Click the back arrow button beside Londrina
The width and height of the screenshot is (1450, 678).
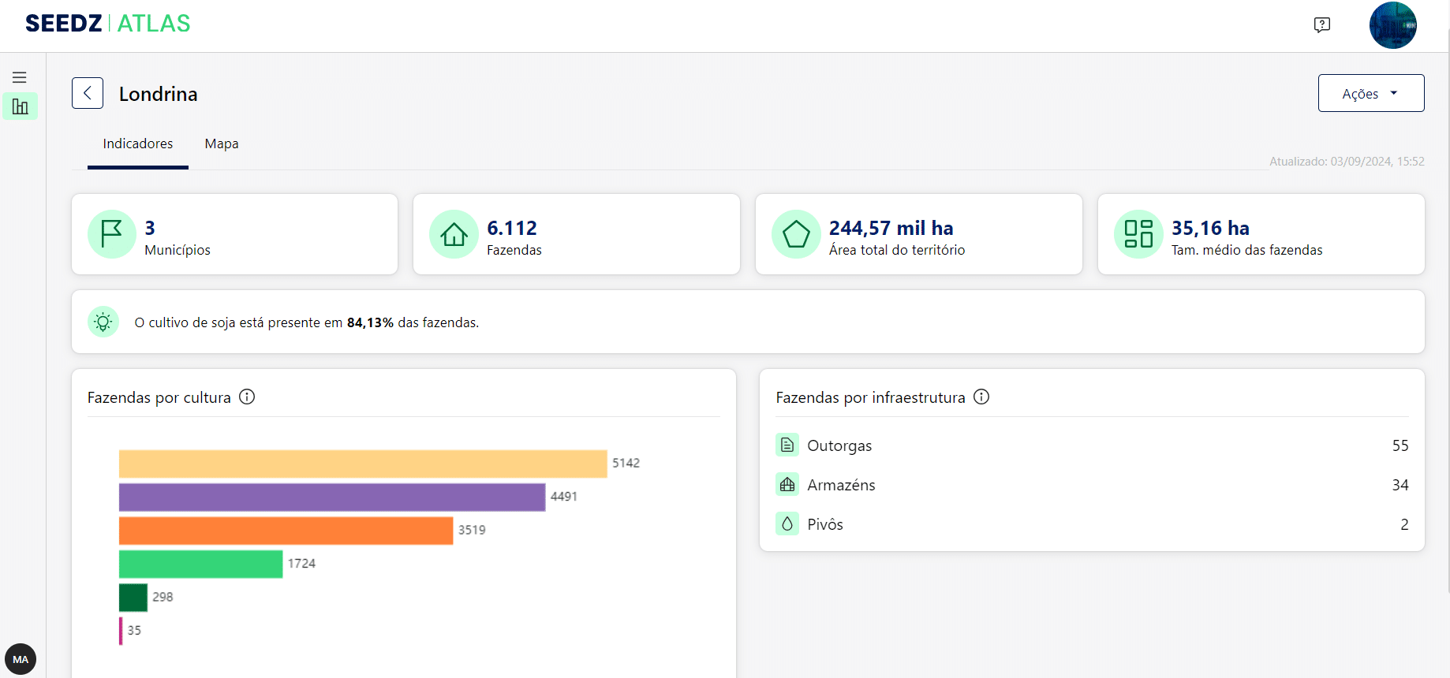coord(88,93)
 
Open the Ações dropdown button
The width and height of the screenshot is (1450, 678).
coord(1370,93)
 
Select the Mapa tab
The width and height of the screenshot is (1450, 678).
coord(222,143)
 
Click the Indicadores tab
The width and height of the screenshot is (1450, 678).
coord(138,143)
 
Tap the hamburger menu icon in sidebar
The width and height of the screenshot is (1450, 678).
coord(20,77)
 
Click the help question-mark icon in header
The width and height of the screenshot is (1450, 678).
coord(1322,24)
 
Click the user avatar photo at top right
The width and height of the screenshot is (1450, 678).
coord(1392,25)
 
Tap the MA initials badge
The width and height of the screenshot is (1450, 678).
coord(21,659)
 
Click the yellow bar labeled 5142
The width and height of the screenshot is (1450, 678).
coord(363,464)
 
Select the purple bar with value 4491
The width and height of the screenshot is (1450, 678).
coord(332,497)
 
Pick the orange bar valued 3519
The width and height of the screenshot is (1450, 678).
coord(286,531)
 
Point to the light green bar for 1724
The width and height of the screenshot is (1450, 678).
coord(200,564)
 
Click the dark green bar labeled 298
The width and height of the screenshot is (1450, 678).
coord(133,598)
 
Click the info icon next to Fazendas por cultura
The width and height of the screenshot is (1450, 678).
coord(247,397)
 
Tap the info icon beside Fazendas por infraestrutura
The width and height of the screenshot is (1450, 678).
coord(981,397)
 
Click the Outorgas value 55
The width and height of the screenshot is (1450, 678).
coord(1400,445)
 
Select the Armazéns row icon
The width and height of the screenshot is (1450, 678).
coord(787,485)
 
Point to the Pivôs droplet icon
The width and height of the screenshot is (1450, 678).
coord(787,524)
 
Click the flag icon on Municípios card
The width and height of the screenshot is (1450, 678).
coord(112,234)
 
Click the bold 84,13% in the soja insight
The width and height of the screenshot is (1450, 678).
coord(370,322)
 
